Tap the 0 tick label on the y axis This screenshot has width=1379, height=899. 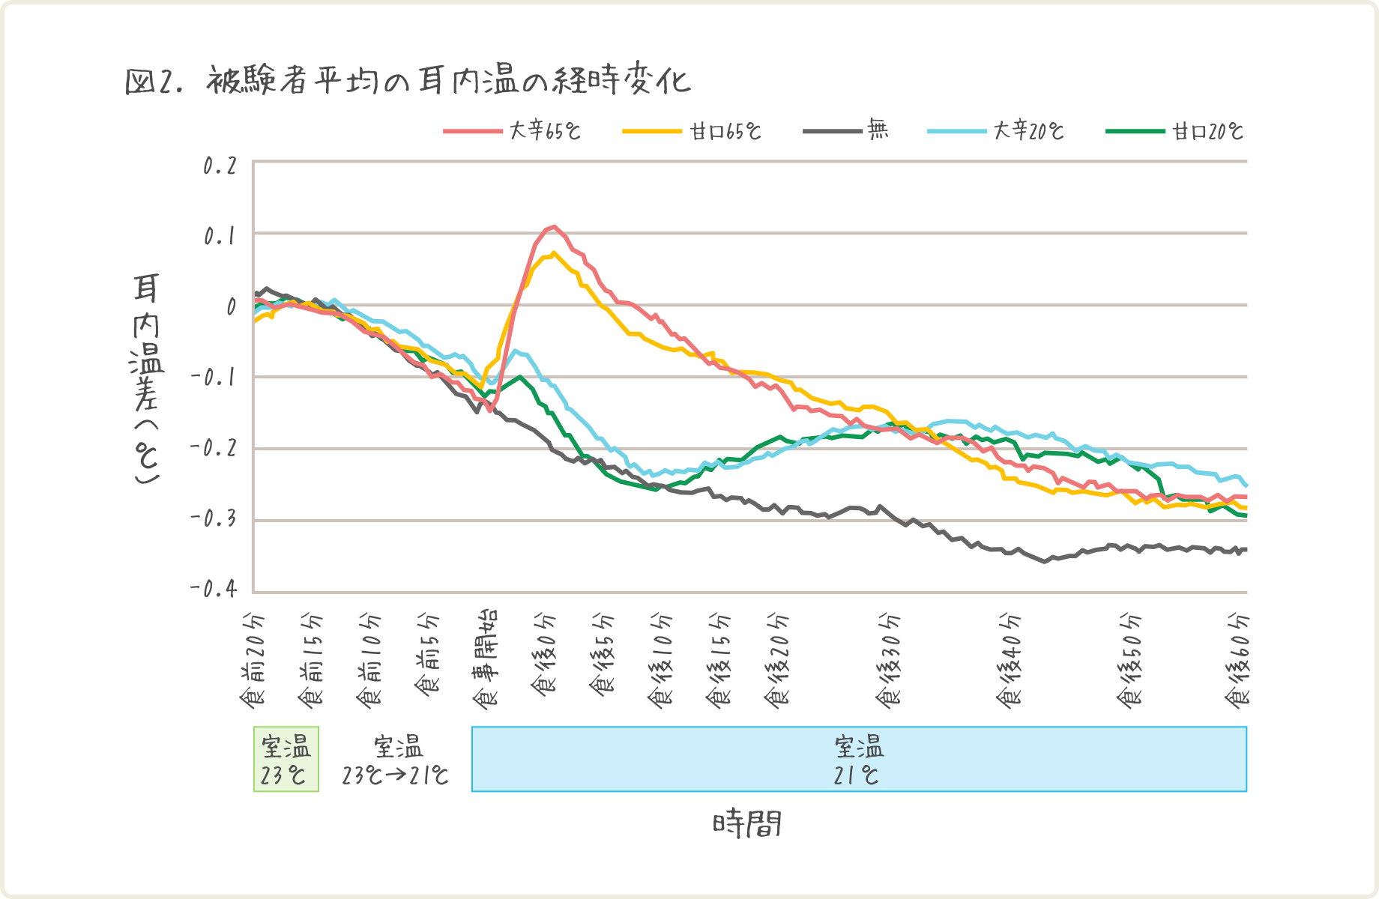pos(231,306)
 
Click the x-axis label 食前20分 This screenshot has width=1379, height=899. pos(253,659)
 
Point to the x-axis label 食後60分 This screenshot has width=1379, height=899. pos(1238,659)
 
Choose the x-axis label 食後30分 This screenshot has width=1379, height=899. pos(890,659)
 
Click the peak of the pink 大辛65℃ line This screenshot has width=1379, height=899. pos(553,226)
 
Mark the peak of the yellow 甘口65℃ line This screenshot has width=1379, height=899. pos(553,253)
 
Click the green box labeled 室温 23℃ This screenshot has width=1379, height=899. pos(286,759)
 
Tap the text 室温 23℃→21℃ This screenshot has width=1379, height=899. pos(396,760)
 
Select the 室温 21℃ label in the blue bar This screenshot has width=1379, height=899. pos(858,760)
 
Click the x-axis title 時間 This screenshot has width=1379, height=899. pos(747,824)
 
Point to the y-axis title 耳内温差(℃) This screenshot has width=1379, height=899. pos(147,378)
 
